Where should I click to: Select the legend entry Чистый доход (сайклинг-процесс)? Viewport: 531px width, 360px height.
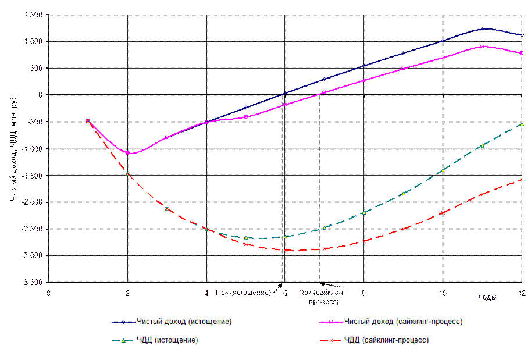coord(403,322)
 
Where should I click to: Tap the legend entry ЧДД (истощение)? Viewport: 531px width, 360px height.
coord(167,340)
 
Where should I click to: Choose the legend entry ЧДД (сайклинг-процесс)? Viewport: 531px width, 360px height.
coord(386,340)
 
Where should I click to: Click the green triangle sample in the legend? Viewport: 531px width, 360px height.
coord(123,340)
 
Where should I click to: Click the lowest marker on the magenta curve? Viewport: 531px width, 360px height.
coord(127,153)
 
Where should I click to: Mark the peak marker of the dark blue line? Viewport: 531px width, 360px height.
coord(482,28)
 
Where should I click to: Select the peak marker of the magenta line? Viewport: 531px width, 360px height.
coord(482,46)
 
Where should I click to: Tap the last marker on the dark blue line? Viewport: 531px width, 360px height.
coord(522,35)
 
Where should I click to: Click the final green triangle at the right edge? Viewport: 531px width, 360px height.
coord(522,124)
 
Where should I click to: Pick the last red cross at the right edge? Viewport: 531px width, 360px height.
coord(522,180)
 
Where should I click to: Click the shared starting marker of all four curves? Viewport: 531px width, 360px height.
coord(88,121)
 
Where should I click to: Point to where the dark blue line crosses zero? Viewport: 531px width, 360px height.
coord(284,94)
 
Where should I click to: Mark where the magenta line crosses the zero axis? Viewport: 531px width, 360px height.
coord(321,94)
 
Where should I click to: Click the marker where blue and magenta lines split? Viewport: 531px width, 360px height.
coord(206,122)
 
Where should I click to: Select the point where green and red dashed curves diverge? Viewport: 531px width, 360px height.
coord(206,229)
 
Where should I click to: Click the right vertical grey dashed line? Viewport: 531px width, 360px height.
coord(319,192)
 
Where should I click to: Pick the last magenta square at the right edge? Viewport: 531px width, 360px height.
coord(522,53)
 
